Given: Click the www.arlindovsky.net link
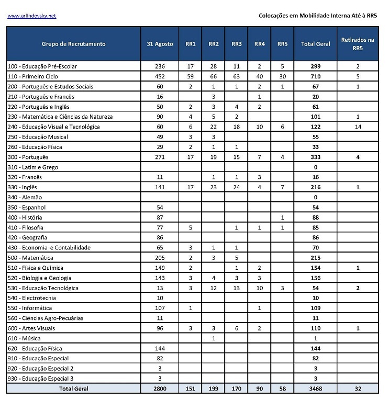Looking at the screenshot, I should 31,16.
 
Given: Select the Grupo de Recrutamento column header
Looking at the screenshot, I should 73,44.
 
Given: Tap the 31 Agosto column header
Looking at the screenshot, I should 160,44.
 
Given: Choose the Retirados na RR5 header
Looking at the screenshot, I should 358,44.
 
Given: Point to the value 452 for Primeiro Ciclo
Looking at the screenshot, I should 160,76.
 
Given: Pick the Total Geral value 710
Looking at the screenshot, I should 315,76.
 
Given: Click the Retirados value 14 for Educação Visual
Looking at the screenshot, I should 358,127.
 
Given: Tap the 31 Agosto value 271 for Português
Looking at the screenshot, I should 160,157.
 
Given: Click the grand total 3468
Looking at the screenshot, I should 315,388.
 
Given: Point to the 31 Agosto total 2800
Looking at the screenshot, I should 160,388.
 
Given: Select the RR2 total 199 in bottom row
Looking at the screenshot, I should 214,388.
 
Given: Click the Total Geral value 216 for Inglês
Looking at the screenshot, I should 315,187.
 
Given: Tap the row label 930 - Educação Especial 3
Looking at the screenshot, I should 40,379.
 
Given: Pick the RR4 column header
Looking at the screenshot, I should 260,44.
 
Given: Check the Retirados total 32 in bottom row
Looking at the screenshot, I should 358,388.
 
